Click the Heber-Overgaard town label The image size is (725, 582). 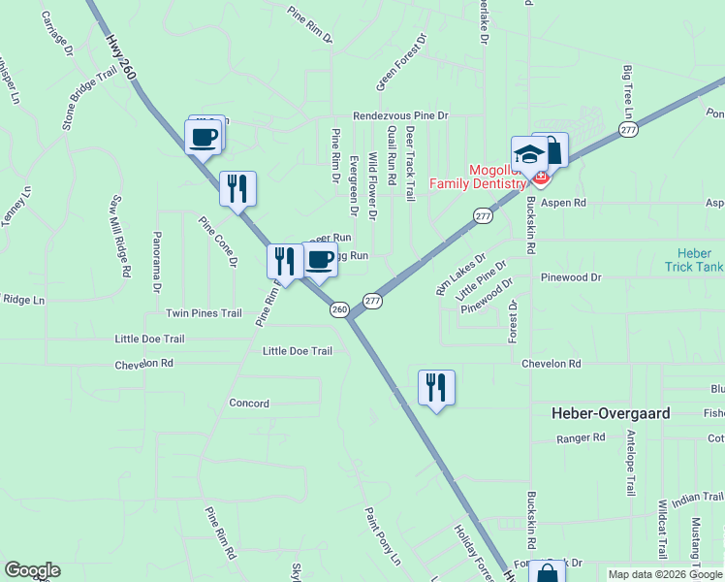[x=610, y=413]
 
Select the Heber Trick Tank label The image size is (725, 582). [x=694, y=259]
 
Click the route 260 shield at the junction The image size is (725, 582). [x=338, y=309]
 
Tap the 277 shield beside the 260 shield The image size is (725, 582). [x=372, y=302]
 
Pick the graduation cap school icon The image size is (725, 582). [x=529, y=154]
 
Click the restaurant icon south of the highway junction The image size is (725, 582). [x=436, y=387]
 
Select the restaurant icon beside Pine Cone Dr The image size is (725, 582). [x=237, y=188]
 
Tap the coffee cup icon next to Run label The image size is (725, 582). [x=320, y=260]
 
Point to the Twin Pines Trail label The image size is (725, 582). [x=204, y=313]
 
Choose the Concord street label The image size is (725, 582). [x=249, y=403]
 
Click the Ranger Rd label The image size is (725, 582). [x=581, y=438]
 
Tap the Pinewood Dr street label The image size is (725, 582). [x=571, y=277]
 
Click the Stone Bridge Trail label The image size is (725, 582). [x=89, y=100]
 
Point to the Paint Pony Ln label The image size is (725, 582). [x=382, y=536]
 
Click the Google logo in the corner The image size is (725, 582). [x=32, y=570]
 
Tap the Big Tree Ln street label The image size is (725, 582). [x=628, y=88]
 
